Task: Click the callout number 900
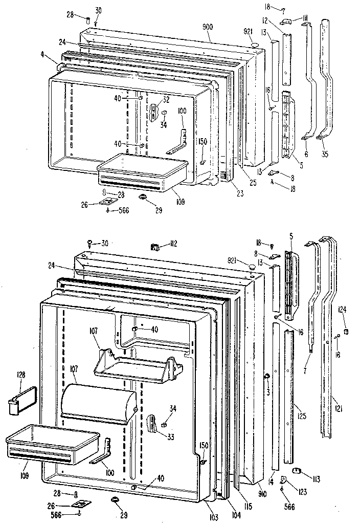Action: point(207,27)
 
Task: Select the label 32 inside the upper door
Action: point(166,100)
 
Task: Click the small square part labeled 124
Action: point(346,333)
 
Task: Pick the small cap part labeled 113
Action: point(297,471)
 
